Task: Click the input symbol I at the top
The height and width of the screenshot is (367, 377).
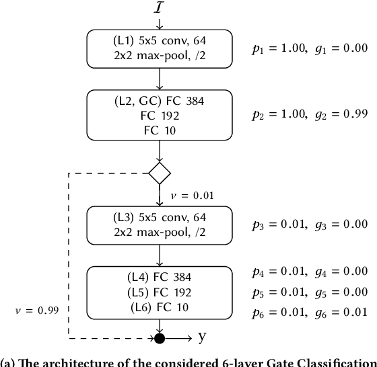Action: coord(160,7)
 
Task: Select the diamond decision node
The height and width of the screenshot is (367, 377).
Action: coord(160,172)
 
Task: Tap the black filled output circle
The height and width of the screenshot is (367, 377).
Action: coord(160,337)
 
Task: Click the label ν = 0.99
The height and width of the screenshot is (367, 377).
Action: coord(36,310)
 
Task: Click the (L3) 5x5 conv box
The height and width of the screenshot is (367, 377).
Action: coord(160,224)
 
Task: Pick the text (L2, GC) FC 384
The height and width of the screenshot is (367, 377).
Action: coord(160,101)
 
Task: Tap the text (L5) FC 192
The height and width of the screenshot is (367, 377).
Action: coord(160,292)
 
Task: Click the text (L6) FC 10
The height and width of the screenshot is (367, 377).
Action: coord(160,307)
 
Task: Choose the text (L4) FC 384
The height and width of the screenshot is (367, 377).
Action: coord(160,278)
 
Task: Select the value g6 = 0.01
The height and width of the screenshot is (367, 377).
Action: coord(341,312)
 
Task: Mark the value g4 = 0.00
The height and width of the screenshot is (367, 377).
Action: coord(341,272)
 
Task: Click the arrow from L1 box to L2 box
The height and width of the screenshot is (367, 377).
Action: coord(160,78)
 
